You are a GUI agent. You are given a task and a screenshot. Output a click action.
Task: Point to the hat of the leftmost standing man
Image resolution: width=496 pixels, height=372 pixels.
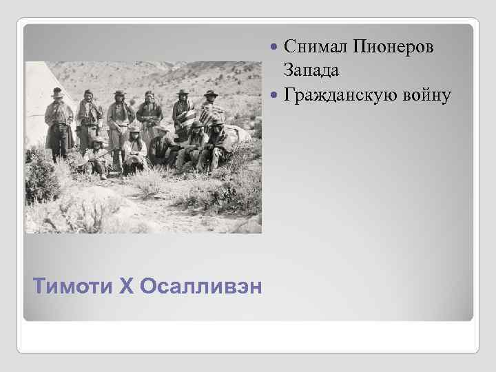(56, 91)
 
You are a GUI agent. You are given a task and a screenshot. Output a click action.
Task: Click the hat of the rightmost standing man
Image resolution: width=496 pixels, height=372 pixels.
(210, 93)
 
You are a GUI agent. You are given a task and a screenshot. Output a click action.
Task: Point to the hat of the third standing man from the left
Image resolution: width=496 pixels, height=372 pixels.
(120, 92)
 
